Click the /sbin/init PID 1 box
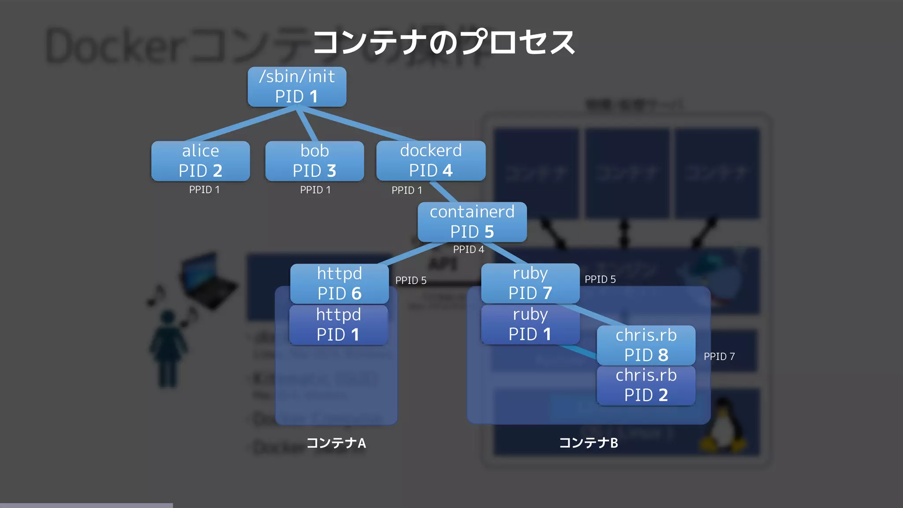tap(297, 87)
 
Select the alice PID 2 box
tap(201, 161)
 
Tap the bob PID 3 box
tap(314, 161)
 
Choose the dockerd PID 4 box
tap(431, 161)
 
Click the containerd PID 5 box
tap(472, 222)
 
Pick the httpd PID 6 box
tap(339, 284)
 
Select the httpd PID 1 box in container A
tap(338, 325)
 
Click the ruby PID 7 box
tap(530, 283)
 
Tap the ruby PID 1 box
tap(530, 325)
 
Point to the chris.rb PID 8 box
tap(646, 345)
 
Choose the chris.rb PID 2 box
tap(646, 385)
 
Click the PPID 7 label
tap(719, 356)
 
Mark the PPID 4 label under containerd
tap(468, 250)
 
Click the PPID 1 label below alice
tap(204, 190)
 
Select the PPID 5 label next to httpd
tap(410, 280)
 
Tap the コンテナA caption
tap(336, 443)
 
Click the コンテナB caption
tap(589, 443)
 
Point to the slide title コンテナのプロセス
tap(444, 43)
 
